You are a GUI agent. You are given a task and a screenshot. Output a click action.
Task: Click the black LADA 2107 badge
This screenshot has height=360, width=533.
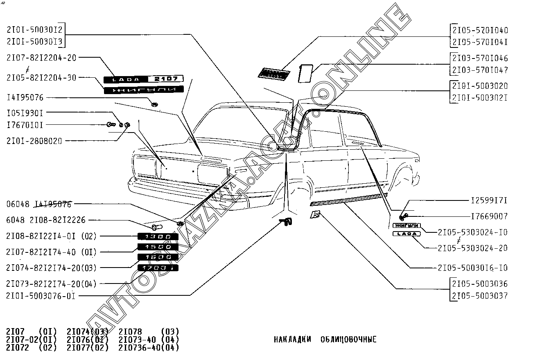[x=143, y=79]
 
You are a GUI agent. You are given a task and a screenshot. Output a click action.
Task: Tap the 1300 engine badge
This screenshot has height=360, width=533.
[x=158, y=237]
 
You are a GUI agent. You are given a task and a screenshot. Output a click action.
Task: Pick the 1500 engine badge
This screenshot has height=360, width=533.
[x=158, y=247]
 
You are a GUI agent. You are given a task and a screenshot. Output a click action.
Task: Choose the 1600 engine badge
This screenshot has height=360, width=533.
[x=158, y=257]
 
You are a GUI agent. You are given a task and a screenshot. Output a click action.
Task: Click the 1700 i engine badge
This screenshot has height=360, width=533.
[x=158, y=268]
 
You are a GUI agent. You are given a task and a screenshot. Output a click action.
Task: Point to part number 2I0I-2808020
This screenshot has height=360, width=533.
[x=34, y=141]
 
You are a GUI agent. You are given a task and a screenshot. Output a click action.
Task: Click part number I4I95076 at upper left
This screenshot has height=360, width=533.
[x=25, y=98]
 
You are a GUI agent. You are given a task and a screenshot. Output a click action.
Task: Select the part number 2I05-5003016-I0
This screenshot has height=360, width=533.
[x=472, y=268]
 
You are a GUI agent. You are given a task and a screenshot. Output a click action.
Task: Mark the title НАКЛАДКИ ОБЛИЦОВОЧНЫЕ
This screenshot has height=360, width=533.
[x=325, y=340]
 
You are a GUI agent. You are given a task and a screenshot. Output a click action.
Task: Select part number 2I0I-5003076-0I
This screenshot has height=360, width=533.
[x=41, y=296]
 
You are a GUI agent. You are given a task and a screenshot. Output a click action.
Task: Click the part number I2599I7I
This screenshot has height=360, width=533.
[x=489, y=200]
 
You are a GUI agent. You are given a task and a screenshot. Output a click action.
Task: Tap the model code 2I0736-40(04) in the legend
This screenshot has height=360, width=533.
[x=149, y=348]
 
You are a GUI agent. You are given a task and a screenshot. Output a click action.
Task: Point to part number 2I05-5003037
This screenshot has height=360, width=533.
[x=480, y=296]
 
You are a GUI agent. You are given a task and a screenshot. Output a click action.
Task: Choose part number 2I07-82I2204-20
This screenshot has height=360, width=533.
[x=41, y=58]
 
